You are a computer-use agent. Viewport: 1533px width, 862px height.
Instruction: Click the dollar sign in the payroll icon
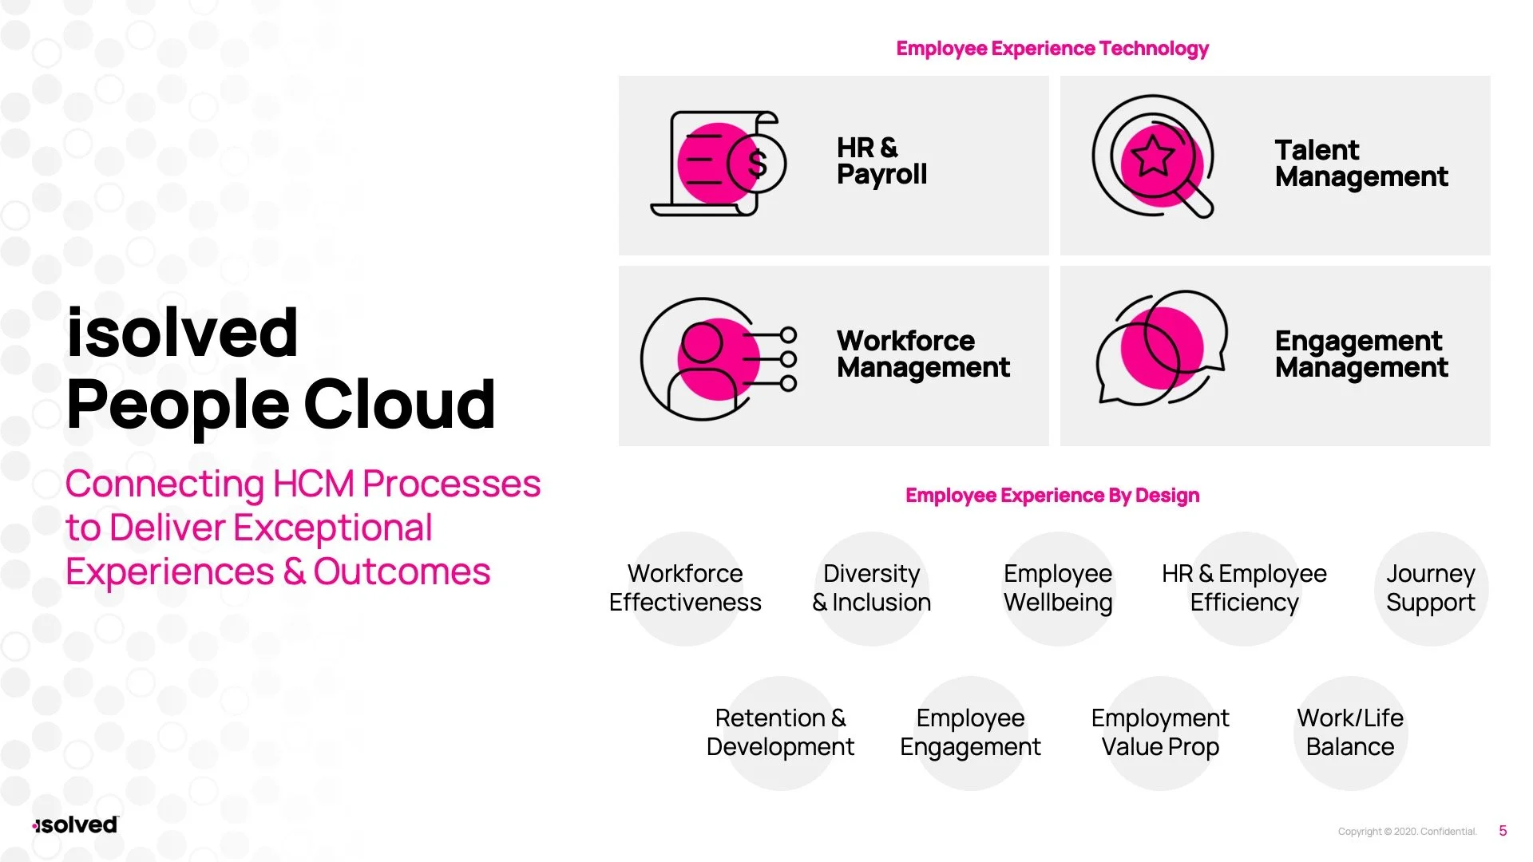pyautogui.click(x=757, y=164)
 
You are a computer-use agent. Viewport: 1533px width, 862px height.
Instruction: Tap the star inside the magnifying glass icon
pyautogui.click(x=1152, y=156)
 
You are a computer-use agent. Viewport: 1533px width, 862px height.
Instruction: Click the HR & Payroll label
pyautogui.click(x=881, y=161)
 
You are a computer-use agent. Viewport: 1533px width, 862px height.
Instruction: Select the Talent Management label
pyautogui.click(x=1361, y=164)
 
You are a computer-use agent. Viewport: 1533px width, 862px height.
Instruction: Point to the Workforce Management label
pyautogui.click(x=923, y=354)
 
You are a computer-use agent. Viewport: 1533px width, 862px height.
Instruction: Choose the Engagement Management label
pyautogui.click(x=1361, y=354)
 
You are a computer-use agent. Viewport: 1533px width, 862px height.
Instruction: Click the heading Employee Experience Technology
pyautogui.click(x=1052, y=49)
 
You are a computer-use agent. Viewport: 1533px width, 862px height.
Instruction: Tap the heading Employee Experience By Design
pyautogui.click(x=1052, y=496)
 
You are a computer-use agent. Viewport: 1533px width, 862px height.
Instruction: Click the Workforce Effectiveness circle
pyautogui.click(x=685, y=588)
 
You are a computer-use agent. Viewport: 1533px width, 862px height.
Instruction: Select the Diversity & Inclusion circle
pyautogui.click(x=871, y=588)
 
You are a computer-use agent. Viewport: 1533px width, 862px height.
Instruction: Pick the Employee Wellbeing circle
pyautogui.click(x=1058, y=588)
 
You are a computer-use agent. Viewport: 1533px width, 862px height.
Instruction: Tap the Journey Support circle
pyautogui.click(x=1430, y=588)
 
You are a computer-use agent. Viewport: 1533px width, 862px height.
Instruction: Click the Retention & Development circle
pyautogui.click(x=780, y=733)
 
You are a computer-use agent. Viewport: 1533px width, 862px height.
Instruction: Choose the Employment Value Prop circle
pyautogui.click(x=1160, y=733)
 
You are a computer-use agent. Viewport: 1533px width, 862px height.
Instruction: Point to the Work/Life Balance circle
pyautogui.click(x=1350, y=733)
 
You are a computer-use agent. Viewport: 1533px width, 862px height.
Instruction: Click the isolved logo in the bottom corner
pyautogui.click(x=76, y=825)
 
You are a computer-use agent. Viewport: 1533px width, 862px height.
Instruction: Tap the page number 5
pyautogui.click(x=1503, y=831)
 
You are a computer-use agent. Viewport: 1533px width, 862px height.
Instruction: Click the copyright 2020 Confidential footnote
pyautogui.click(x=1407, y=832)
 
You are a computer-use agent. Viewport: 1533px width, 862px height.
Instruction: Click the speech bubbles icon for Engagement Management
pyautogui.click(x=1160, y=348)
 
